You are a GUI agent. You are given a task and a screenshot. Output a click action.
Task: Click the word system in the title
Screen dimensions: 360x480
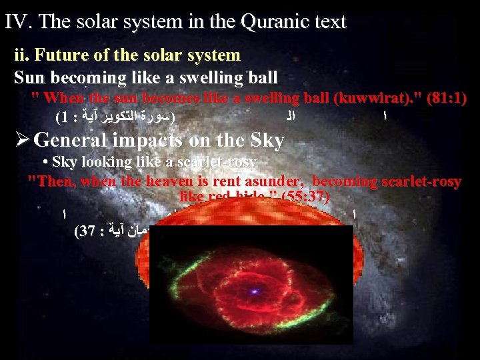point(133,21)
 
